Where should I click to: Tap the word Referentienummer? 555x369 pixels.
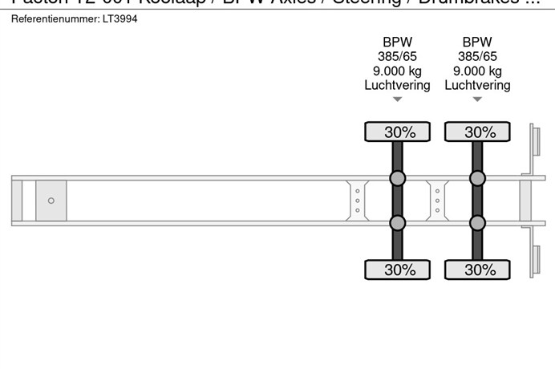click(x=55, y=18)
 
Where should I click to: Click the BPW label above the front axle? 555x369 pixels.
click(x=397, y=42)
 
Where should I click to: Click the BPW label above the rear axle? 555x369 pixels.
click(x=477, y=42)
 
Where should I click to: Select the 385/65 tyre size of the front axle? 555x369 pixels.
click(x=397, y=56)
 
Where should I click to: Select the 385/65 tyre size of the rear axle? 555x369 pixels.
click(x=477, y=56)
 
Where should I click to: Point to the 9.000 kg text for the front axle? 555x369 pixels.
click(x=397, y=71)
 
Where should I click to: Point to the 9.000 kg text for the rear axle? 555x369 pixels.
click(x=477, y=71)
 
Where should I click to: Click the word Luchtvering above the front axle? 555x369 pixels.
click(x=397, y=85)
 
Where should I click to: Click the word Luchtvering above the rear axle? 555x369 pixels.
click(x=477, y=85)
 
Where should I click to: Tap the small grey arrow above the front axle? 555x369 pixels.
click(x=397, y=99)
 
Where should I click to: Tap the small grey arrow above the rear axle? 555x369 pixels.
click(x=477, y=99)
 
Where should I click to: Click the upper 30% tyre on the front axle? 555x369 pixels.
click(x=398, y=132)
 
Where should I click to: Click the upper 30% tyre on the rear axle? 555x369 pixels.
click(x=478, y=132)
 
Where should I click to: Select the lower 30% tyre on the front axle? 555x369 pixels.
click(x=398, y=270)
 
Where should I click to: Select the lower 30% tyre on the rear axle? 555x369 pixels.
click(x=478, y=270)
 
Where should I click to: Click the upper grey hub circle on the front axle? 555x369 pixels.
click(x=397, y=178)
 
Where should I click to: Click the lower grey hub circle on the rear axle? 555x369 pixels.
click(x=477, y=223)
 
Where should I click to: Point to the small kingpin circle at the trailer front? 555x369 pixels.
click(x=51, y=201)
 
